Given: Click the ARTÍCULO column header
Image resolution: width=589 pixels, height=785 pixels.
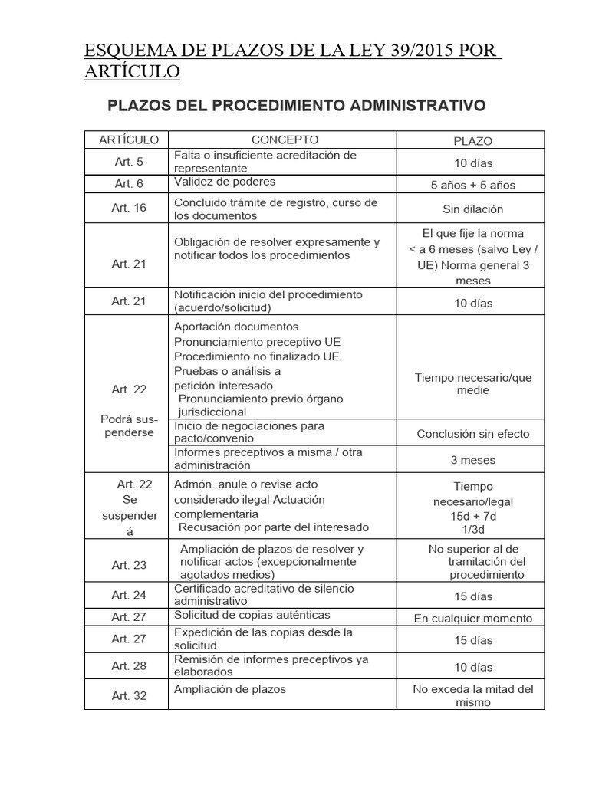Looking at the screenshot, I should pyautogui.click(x=129, y=140).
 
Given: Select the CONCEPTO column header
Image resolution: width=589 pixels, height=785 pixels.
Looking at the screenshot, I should pyautogui.click(x=285, y=140).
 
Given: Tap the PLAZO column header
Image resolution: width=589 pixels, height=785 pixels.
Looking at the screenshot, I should pyautogui.click(x=472, y=141).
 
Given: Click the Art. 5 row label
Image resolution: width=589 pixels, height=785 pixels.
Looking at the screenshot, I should pyautogui.click(x=129, y=162).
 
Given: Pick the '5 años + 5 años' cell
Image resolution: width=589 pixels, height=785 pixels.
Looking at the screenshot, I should pyautogui.click(x=472, y=185).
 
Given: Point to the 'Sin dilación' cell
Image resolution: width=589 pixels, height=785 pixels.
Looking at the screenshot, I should pyautogui.click(x=472, y=209).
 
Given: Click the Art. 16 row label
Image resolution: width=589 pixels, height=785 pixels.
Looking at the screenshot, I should pyautogui.click(x=129, y=208).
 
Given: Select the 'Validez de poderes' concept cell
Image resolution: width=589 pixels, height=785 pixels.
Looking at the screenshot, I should pyautogui.click(x=224, y=182).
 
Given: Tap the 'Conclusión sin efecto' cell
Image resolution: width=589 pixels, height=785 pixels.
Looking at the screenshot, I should pyautogui.click(x=472, y=434).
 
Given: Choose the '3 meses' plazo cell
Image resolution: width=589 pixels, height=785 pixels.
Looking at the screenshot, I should pyautogui.click(x=472, y=461).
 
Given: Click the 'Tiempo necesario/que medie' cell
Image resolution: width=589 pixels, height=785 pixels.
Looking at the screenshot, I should pyautogui.click(x=472, y=383).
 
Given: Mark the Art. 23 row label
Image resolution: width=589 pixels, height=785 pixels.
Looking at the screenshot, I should pyautogui.click(x=129, y=565).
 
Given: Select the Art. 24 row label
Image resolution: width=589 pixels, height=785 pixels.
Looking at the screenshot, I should pyautogui.click(x=129, y=595).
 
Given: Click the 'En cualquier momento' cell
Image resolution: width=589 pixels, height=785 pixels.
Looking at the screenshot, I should pyautogui.click(x=472, y=619).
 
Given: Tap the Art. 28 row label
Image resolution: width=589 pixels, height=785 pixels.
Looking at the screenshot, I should pyautogui.click(x=129, y=665).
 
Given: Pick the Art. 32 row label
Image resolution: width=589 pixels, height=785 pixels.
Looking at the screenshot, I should pyautogui.click(x=129, y=695).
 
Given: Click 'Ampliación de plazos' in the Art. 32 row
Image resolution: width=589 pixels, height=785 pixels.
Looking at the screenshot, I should pyautogui.click(x=230, y=689).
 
